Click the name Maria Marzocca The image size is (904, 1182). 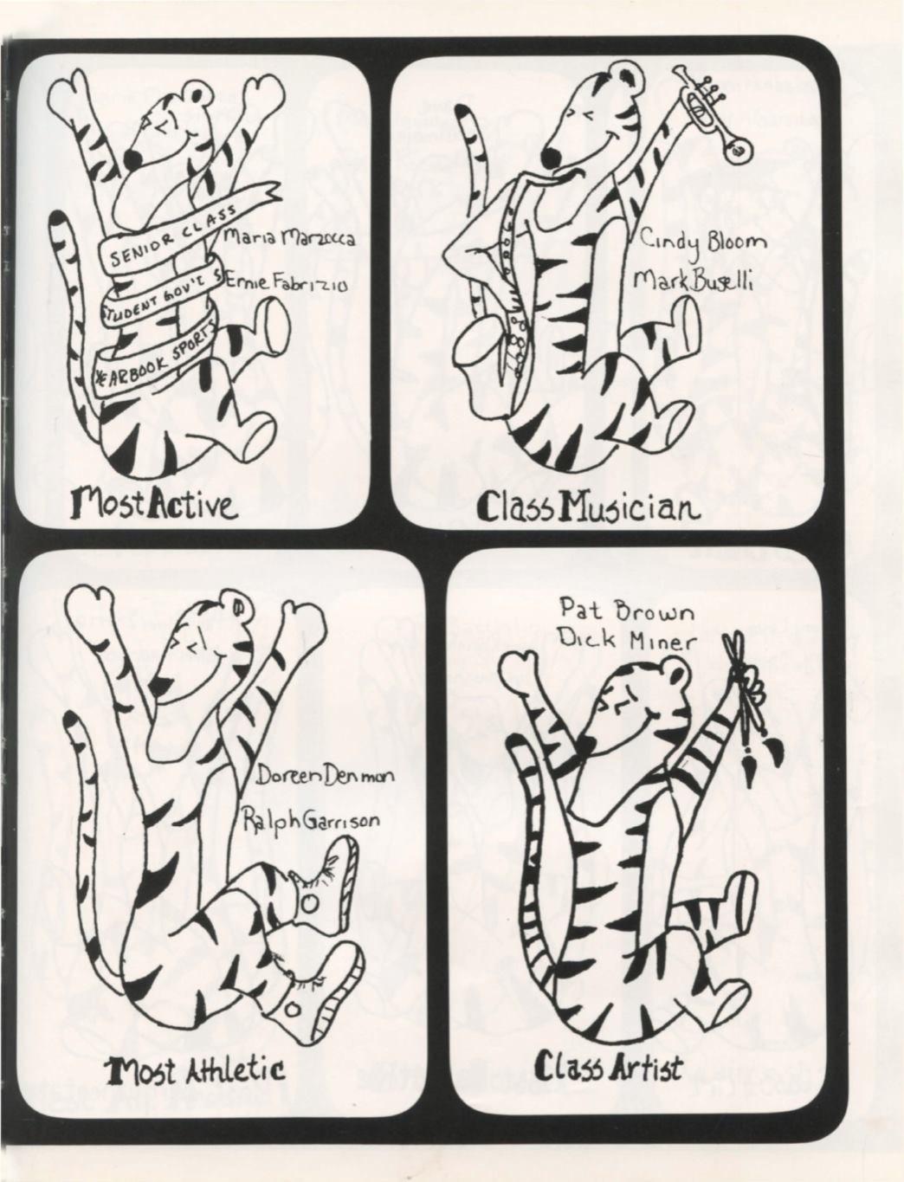[288, 237]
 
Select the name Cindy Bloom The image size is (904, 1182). [702, 244]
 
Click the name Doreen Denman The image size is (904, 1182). [324, 777]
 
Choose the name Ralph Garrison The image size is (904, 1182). [310, 821]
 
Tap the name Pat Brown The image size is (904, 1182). [627, 610]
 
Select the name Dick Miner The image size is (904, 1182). [627, 641]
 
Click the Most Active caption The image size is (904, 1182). [153, 503]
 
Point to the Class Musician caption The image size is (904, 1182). [589, 507]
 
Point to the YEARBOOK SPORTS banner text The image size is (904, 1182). [153, 358]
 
